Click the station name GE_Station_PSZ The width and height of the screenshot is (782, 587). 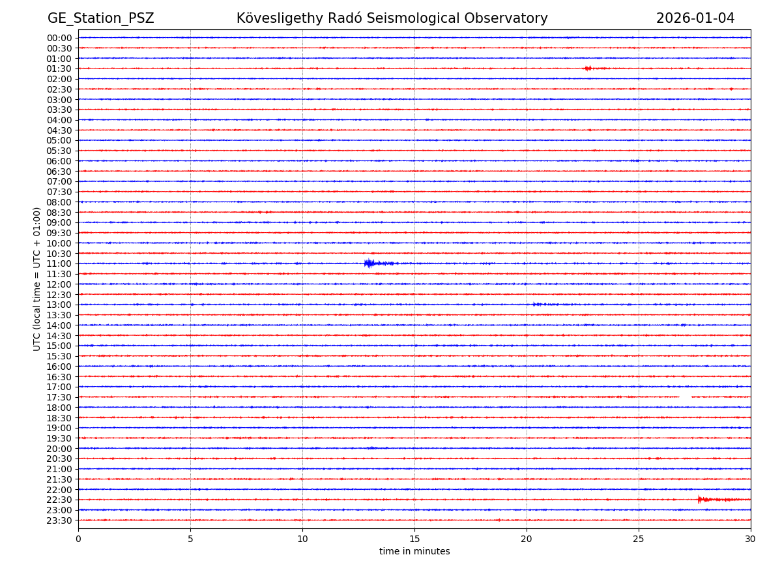point(100,18)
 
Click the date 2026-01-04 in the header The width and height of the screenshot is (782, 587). point(695,18)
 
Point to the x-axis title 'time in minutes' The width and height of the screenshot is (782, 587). point(414,552)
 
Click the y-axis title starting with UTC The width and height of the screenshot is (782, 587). point(37,278)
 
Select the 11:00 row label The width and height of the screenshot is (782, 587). point(59,263)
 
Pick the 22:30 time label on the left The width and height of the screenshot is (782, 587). point(59,500)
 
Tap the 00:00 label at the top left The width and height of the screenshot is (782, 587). point(59,38)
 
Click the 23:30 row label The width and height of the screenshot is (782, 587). point(59,520)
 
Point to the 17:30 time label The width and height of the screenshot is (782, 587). point(59,397)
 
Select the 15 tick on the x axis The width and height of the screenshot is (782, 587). point(414,539)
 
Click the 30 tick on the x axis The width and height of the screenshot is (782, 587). point(751,539)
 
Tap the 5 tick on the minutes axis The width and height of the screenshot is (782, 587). point(190,539)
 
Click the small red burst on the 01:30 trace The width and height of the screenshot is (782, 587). point(588,68)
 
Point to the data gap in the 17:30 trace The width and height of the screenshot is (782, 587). point(685,397)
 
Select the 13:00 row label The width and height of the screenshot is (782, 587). point(59,305)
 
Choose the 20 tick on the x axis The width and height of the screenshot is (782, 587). point(527,539)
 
